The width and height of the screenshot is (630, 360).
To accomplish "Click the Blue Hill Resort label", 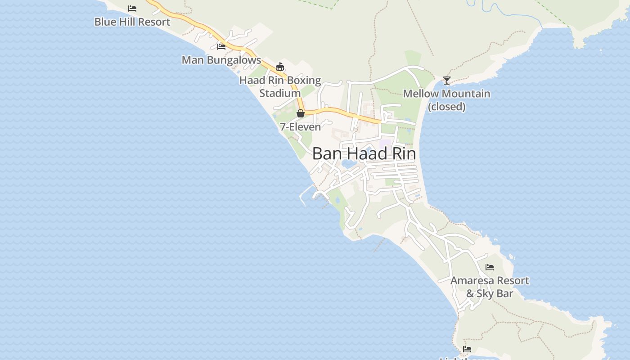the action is [132, 22].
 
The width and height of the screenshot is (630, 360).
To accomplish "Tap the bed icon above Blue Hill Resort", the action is [132, 8].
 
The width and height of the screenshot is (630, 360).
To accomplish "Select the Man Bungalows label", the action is [221, 60].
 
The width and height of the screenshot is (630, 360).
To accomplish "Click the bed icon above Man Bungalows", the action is [221, 46].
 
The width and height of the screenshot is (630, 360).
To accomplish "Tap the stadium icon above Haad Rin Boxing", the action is [280, 67].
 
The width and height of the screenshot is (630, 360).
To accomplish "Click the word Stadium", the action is [280, 93].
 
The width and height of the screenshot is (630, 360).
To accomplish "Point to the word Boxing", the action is [304, 81].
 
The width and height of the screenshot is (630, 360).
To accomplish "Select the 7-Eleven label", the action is [300, 127].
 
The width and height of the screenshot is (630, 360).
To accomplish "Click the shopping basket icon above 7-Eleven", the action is [300, 113].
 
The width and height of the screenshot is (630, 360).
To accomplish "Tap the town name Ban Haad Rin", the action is [364, 153].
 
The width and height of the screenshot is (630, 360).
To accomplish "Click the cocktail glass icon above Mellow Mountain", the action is [446, 81].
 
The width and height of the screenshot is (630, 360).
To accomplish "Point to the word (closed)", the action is [446, 107].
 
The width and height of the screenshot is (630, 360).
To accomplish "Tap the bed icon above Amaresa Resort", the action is [490, 267].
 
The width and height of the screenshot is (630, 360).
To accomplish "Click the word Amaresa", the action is [471, 280].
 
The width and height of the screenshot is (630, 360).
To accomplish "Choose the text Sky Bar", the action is [495, 294].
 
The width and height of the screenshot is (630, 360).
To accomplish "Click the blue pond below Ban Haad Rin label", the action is [349, 164].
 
